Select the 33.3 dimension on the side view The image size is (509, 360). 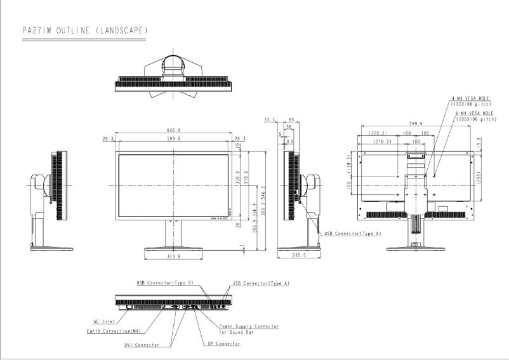click(x=269, y=119)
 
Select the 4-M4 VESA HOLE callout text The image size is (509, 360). click(x=468, y=98)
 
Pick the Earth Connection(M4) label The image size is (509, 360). click(x=112, y=331)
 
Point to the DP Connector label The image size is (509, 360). click(x=224, y=343)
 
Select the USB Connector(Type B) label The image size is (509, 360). click(x=164, y=282)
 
